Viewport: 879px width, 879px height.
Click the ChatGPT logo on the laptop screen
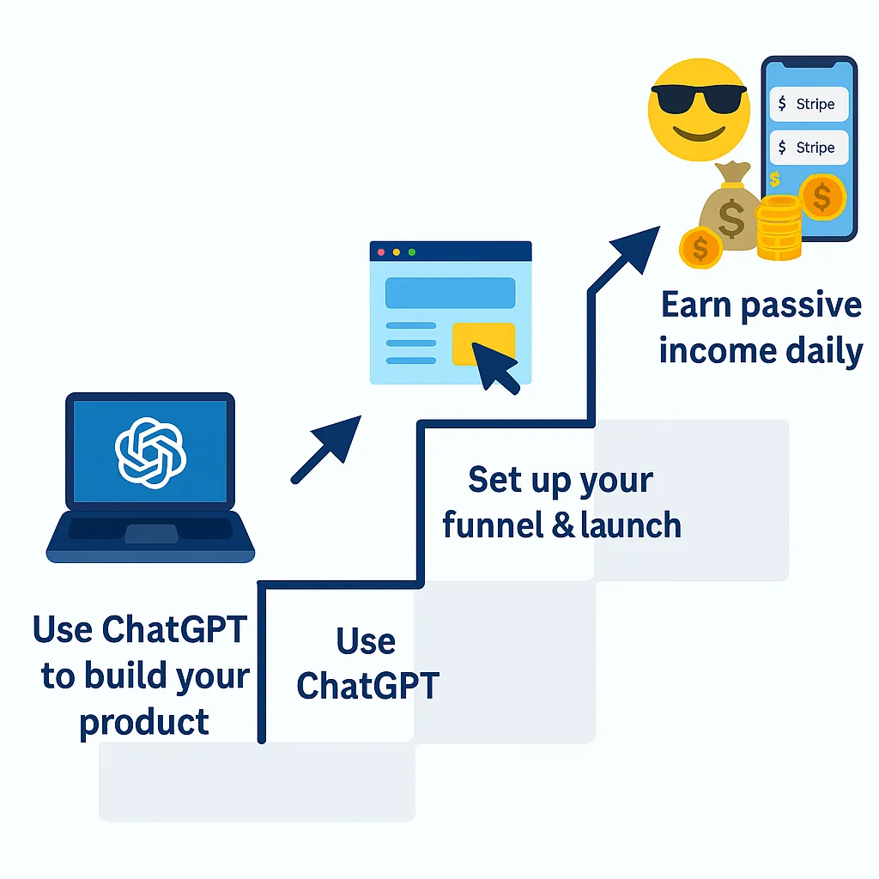click(150, 452)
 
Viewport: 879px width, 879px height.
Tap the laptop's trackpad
click(151, 533)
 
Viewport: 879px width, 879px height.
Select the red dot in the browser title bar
click(381, 252)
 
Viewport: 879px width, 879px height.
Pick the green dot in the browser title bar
click(412, 252)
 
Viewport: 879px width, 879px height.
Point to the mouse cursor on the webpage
click(495, 367)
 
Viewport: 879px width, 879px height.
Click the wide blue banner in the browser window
click(450, 293)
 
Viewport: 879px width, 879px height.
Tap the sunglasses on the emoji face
click(699, 98)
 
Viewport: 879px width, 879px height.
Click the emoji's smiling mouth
click(699, 134)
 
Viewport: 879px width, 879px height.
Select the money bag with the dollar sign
click(729, 208)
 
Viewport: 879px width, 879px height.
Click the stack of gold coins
click(779, 227)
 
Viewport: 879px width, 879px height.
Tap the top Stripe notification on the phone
click(809, 104)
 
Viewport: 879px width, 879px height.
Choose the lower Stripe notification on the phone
click(809, 148)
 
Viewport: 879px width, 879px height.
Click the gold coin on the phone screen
click(821, 197)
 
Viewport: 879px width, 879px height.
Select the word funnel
click(493, 524)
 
